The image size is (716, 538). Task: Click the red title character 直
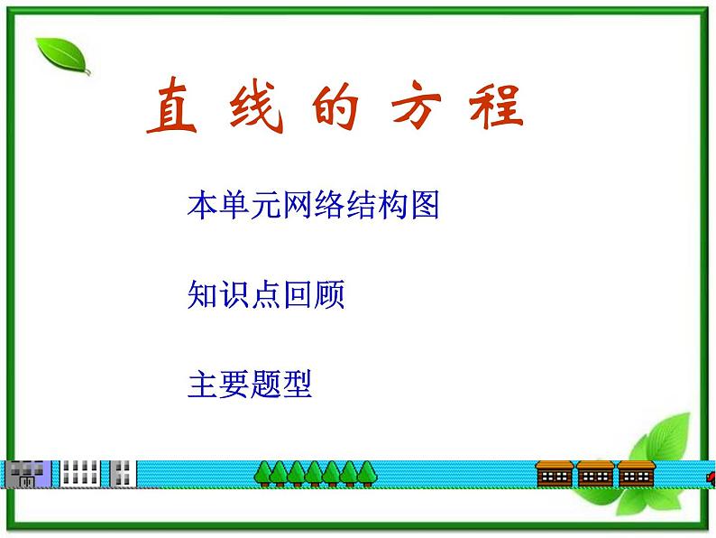coord(172,106)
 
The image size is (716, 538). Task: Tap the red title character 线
coord(256,107)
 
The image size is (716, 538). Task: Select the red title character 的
coord(335,107)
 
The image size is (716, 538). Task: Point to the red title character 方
coord(416,104)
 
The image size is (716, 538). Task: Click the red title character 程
coord(496,106)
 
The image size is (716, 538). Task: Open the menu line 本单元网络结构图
coord(313,204)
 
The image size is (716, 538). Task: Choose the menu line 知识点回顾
coord(266,294)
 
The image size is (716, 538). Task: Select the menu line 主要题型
coord(250,384)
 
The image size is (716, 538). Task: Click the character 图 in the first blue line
coord(425,204)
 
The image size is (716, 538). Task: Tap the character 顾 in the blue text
coord(329,294)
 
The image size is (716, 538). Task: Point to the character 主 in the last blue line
coord(202,385)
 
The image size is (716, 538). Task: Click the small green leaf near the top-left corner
coord(63,56)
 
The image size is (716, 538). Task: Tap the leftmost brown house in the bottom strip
coord(555,474)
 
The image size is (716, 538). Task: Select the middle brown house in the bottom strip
coord(595,474)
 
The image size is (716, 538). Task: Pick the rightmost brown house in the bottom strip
coord(637,474)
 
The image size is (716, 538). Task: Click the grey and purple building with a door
coord(27,474)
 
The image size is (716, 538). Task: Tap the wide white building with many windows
coord(80,474)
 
